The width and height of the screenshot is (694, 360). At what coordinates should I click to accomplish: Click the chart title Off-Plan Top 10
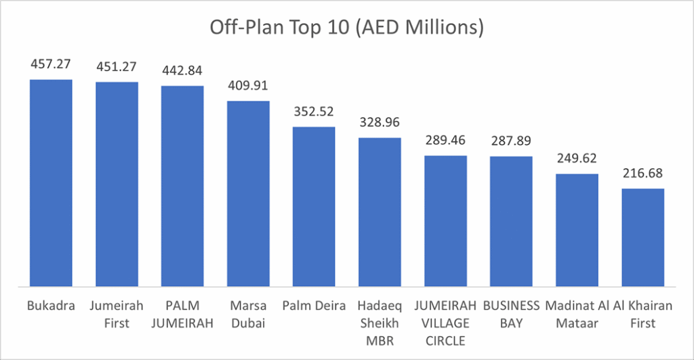pyautogui.click(x=346, y=28)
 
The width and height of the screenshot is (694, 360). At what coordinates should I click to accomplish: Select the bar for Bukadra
pyautogui.click(x=50, y=182)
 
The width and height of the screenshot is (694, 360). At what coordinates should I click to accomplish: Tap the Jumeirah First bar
pyautogui.click(x=117, y=184)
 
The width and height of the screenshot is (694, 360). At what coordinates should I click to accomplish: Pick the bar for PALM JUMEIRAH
pyautogui.click(x=182, y=186)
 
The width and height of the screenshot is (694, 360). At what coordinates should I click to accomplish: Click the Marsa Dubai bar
pyautogui.click(x=248, y=193)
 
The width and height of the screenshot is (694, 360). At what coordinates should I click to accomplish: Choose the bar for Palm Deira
pyautogui.click(x=314, y=206)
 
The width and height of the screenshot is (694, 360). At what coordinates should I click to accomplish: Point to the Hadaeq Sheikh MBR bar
pyautogui.click(x=380, y=212)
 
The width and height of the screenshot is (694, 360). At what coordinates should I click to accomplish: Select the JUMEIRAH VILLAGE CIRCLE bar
pyautogui.click(x=445, y=220)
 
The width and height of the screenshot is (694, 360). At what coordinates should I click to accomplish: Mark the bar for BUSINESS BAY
pyautogui.click(x=511, y=221)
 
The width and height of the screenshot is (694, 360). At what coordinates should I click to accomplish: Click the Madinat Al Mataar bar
pyautogui.click(x=577, y=230)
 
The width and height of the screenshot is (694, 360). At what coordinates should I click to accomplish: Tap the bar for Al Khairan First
pyautogui.click(x=642, y=237)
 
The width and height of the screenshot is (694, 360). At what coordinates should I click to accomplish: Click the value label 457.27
pyautogui.click(x=50, y=65)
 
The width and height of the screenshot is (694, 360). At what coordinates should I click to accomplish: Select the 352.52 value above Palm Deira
pyautogui.click(x=314, y=112)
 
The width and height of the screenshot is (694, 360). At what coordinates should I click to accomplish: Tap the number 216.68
pyautogui.click(x=642, y=174)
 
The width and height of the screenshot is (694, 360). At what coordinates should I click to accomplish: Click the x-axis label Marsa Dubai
pyautogui.click(x=248, y=315)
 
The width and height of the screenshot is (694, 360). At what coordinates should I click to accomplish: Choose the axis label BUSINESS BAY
pyautogui.click(x=511, y=315)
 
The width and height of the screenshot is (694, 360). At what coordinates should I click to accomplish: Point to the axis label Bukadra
pyautogui.click(x=50, y=306)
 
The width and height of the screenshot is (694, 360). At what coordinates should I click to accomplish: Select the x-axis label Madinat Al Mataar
pyautogui.click(x=577, y=315)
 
